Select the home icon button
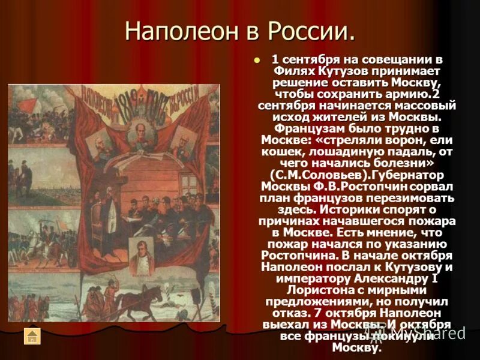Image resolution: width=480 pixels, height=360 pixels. tap(32, 336)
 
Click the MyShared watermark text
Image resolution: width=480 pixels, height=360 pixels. tap(432, 332)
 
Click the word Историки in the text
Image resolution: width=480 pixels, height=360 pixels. tap(343, 209)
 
